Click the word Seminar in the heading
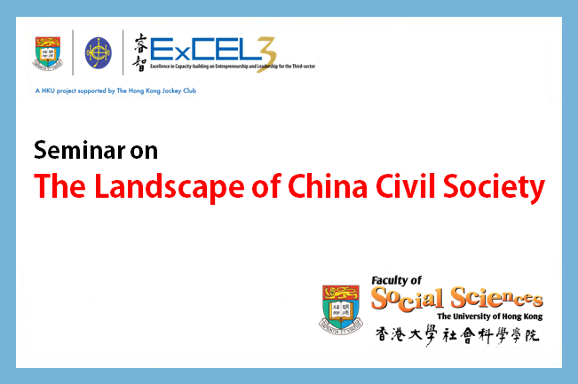point(80,150)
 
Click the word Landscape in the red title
point(170,187)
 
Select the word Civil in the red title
point(406,186)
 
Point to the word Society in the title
point(494,187)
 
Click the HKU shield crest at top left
point(48,53)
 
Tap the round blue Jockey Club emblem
point(98,52)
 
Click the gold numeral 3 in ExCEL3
point(267,54)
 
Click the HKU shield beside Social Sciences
point(341,310)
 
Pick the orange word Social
point(408,299)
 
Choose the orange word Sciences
point(497,297)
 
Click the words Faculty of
point(396,280)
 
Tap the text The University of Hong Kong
point(490,317)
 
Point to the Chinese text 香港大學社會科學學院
point(457,335)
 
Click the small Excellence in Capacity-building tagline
point(233,67)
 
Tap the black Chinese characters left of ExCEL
point(140,52)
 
